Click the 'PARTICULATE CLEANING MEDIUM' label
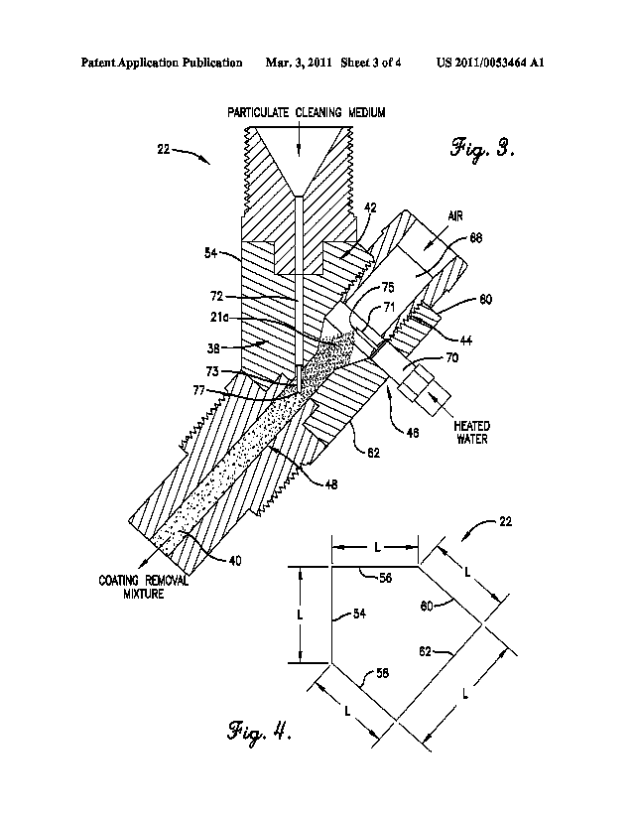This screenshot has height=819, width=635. click(304, 112)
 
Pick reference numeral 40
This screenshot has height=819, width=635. click(234, 561)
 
